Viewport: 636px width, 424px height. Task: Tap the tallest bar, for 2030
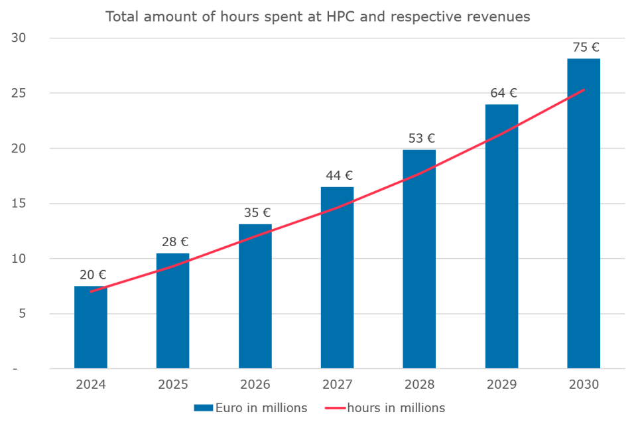click(x=584, y=213)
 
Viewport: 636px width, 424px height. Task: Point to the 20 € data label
click(x=93, y=274)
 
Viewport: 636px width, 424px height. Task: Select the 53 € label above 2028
click(x=421, y=138)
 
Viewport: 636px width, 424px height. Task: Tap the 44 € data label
click(x=339, y=175)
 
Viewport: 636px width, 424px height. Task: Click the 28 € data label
click(x=175, y=241)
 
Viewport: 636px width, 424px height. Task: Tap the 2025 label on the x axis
click(x=172, y=385)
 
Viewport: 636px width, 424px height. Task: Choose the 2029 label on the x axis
click(x=501, y=385)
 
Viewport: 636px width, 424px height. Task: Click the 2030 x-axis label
click(x=584, y=385)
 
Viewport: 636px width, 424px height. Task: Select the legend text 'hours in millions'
click(x=395, y=407)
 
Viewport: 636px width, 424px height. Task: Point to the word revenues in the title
click(x=499, y=17)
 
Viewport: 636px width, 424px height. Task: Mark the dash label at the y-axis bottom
click(x=23, y=369)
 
